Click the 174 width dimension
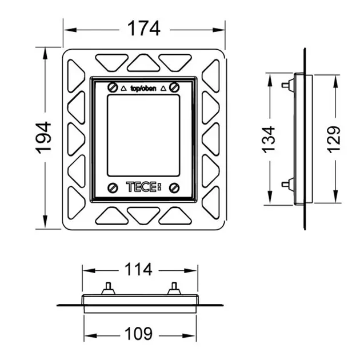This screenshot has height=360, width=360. click(144, 29)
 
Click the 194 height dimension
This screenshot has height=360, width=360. click(43, 138)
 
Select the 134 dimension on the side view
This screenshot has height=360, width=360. click(268, 139)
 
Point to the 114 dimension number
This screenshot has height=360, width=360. click(138, 269)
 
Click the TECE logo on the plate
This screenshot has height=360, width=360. click(143, 187)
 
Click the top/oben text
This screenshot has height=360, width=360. click(143, 89)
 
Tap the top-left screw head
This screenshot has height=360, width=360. click(113, 87)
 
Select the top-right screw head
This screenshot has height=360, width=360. click(174, 87)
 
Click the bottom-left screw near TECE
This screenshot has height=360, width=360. click(113, 188)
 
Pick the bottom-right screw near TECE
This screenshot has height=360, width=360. click(174, 188)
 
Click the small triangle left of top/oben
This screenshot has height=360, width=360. click(124, 88)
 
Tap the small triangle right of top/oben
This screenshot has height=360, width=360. click(163, 88)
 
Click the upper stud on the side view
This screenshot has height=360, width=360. click(288, 85)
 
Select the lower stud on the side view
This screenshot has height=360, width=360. click(288, 184)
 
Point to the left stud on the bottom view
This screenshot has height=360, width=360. click(108, 289)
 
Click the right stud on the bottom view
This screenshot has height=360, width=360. click(174, 289)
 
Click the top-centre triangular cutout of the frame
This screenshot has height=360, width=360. click(143, 63)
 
